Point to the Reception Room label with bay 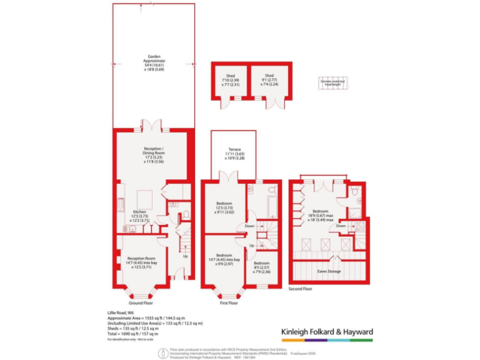tap(141, 261)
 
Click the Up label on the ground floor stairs tap(185, 256)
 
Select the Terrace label tap(234, 153)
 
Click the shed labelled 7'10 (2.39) tap(231, 79)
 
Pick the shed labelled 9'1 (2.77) tap(269, 79)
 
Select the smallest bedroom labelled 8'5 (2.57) tap(261, 267)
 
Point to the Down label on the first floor tap(249, 226)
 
